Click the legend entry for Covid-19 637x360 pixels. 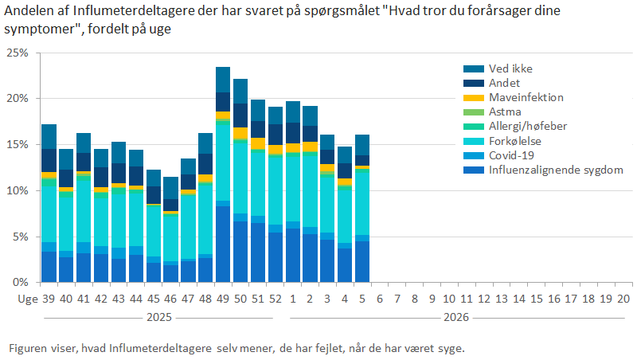[511, 155]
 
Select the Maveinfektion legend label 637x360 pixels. [526, 97]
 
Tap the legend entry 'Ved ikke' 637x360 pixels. [510, 68]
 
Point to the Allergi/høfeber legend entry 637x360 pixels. [526, 127]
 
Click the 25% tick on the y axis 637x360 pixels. [17, 53]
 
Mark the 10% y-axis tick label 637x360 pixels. [17, 191]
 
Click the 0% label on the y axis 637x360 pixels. [20, 283]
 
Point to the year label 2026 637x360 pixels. [456, 316]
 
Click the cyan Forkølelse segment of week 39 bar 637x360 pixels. [49, 214]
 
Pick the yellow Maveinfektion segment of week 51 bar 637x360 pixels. [258, 143]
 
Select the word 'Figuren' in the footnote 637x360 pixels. [25, 349]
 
